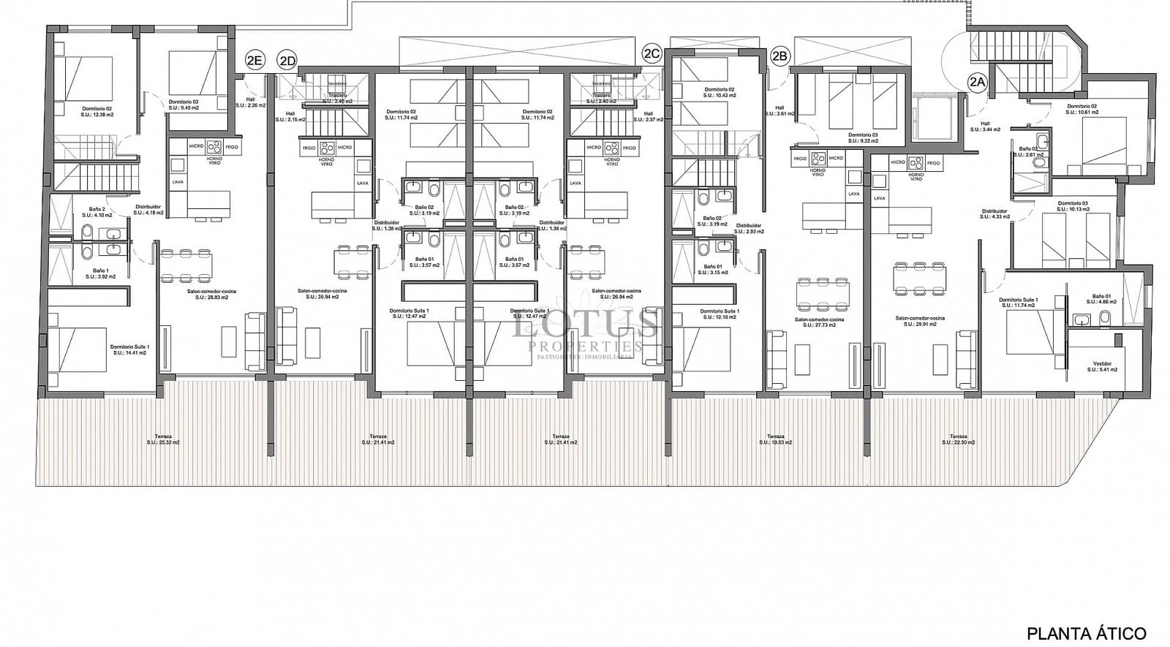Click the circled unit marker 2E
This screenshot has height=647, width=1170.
point(254,61)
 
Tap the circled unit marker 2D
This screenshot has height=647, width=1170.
point(287,61)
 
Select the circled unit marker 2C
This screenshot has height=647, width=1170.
point(652,53)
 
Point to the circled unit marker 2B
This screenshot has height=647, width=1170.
point(780,55)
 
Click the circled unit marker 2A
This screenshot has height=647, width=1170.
point(977,83)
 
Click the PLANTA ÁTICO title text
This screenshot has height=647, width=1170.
point(1087,633)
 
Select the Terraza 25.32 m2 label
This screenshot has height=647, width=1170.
point(162,439)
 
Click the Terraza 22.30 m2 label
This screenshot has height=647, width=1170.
point(958,439)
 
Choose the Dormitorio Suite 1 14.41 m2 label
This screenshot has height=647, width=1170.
point(129,349)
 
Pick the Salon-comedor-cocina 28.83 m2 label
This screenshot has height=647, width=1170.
point(211,294)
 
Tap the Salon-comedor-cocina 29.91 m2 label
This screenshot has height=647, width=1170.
point(920,322)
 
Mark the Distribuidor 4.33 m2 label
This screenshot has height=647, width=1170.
point(994,214)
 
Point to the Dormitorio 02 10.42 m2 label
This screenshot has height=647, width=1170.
point(719,92)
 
